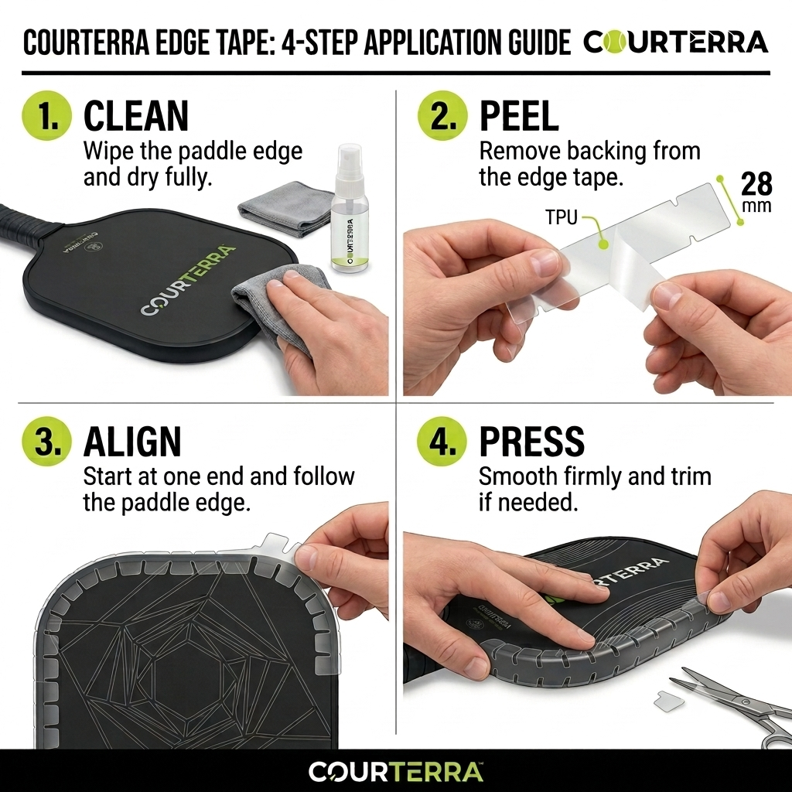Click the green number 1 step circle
(x=46, y=115)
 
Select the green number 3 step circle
(x=46, y=441)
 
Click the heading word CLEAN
(x=136, y=116)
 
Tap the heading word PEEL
(x=519, y=116)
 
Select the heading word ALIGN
(x=131, y=442)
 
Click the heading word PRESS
(x=531, y=442)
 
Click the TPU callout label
(x=562, y=217)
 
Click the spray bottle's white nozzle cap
(x=350, y=162)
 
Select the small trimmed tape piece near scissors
(x=665, y=701)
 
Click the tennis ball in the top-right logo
(x=615, y=43)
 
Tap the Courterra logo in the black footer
(x=395, y=771)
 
